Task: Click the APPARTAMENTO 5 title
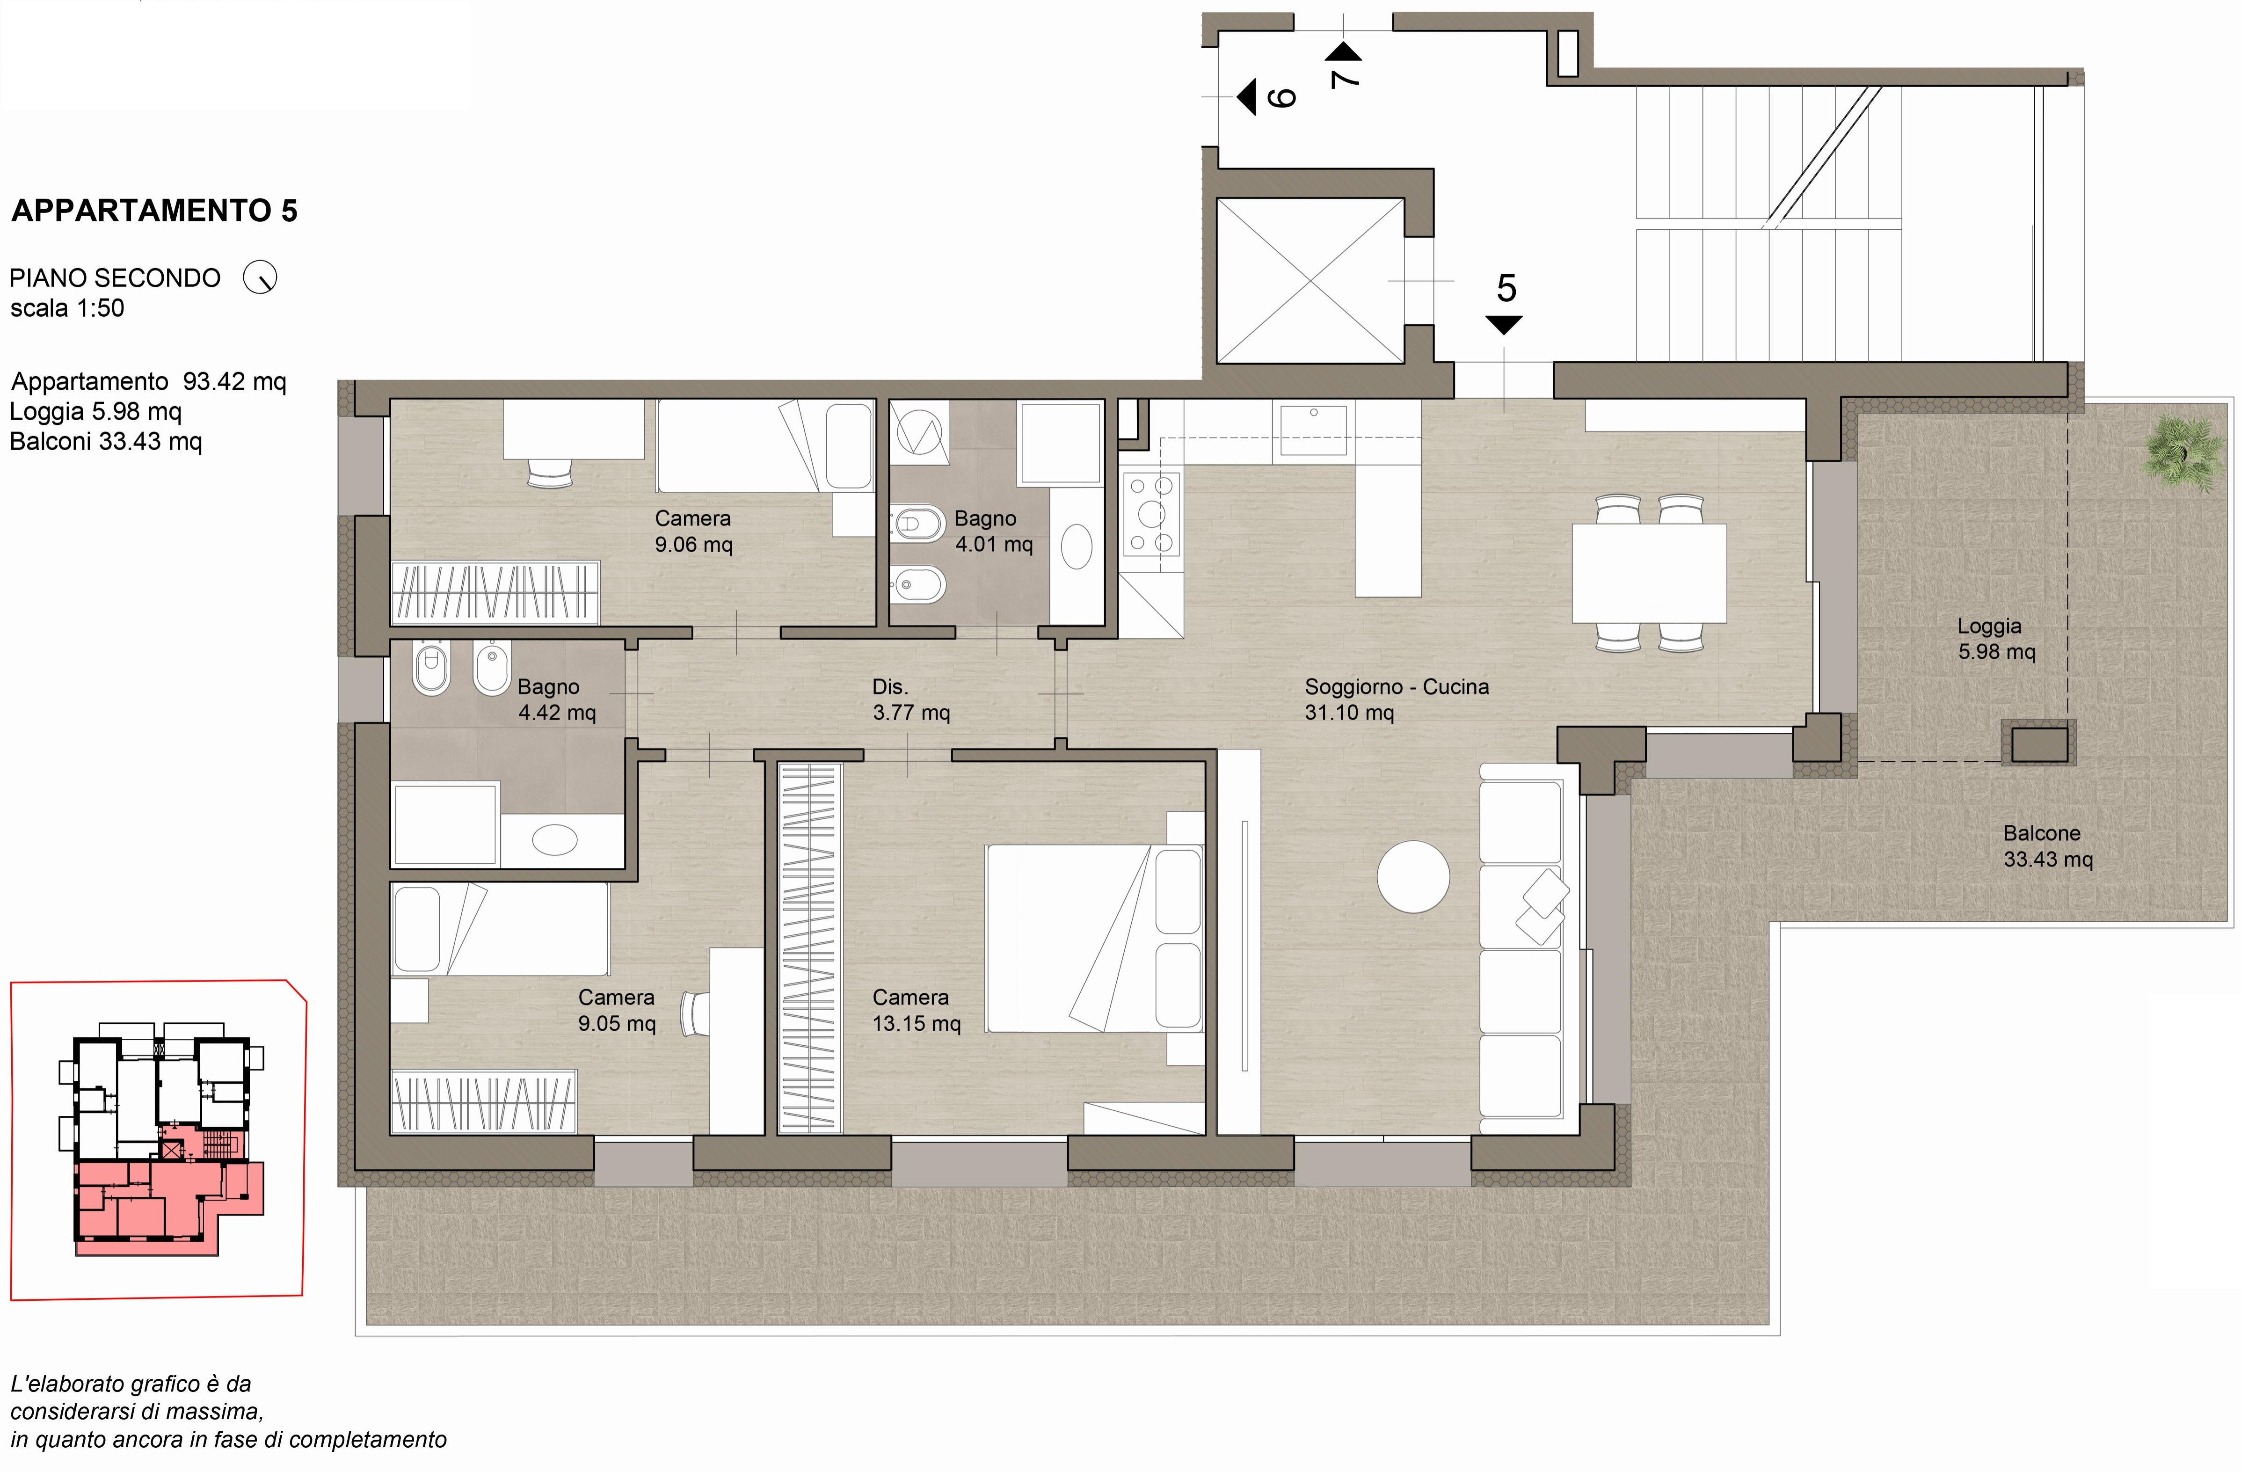154,211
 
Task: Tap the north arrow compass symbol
260,278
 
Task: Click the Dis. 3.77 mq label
910,700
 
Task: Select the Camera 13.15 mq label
916,1011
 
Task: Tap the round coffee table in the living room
1412,876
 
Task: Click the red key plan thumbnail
158,1139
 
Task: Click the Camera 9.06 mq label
693,531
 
